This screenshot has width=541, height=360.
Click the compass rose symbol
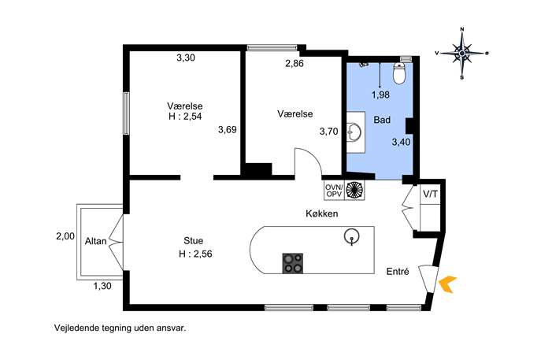462,53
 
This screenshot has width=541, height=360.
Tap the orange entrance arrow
447,284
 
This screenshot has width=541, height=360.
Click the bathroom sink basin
354,132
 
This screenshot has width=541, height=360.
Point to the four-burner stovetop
293,263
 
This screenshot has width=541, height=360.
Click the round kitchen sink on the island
351,236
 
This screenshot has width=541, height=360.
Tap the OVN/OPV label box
334,191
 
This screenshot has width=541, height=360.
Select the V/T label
430,195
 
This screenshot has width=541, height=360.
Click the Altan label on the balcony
95,241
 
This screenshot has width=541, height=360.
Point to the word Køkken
322,213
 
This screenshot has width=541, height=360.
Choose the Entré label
398,272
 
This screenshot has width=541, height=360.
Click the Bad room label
382,120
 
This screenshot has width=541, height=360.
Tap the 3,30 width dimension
186,58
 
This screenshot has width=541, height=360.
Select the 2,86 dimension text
295,64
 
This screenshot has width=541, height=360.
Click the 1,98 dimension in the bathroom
380,95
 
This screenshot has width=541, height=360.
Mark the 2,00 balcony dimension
65,236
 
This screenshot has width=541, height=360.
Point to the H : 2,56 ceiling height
195,254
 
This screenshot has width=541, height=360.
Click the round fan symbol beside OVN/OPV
354,191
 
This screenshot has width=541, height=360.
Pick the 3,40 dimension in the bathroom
401,142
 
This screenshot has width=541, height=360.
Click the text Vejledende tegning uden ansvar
120,328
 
